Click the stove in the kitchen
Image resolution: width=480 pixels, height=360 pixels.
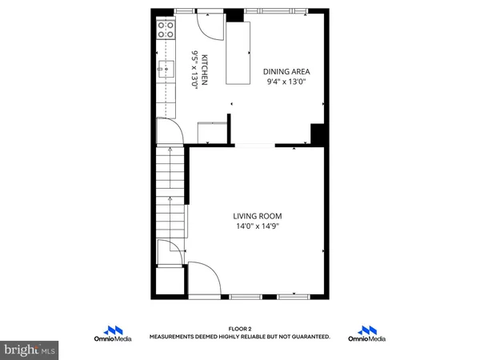point(166,30)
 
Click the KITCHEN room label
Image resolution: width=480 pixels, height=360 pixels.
point(205,70)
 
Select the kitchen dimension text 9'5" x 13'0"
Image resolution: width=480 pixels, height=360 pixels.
point(194,70)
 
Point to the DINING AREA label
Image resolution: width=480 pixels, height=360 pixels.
point(285,70)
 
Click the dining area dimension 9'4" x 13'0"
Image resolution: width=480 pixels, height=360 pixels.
point(285,80)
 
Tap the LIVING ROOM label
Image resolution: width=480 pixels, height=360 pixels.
point(258,216)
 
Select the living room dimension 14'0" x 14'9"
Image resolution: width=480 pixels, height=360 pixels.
point(258,226)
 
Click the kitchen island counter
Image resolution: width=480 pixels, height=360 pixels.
point(238,53)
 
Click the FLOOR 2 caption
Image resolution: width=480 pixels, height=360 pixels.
point(240,329)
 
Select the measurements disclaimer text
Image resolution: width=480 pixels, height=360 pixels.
point(240,337)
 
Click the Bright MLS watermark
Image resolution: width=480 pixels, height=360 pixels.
point(30,350)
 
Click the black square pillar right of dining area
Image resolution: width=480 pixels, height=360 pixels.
point(317,134)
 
